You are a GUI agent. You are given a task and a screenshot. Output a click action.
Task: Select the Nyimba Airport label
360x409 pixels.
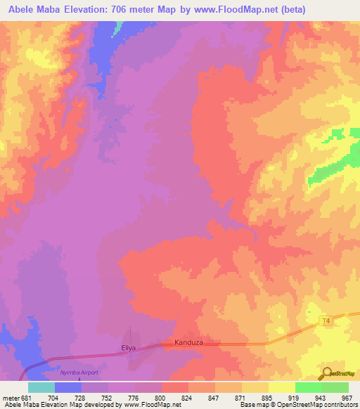point(78,372)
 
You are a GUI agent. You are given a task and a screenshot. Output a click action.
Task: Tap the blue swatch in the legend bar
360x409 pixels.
point(67,387)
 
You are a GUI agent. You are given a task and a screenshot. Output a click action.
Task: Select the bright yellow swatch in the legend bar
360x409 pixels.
point(281,387)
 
